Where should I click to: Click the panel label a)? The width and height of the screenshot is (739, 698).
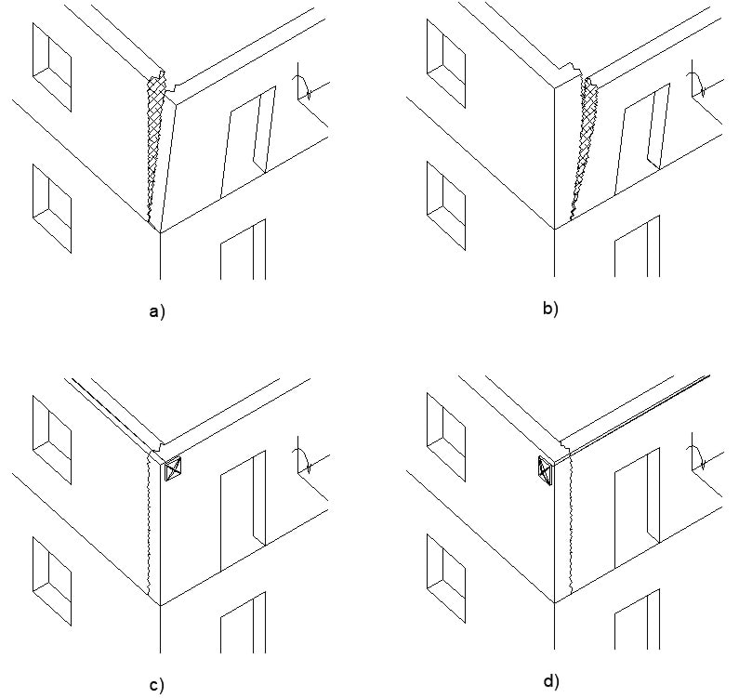coord(156,313)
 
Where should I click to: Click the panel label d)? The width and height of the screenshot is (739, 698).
coord(551,681)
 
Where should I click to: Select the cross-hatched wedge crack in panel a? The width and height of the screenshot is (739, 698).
coord(154,139)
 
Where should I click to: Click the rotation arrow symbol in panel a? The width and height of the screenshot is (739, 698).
coord(304,86)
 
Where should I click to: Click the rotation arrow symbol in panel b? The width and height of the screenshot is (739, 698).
coord(697,86)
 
